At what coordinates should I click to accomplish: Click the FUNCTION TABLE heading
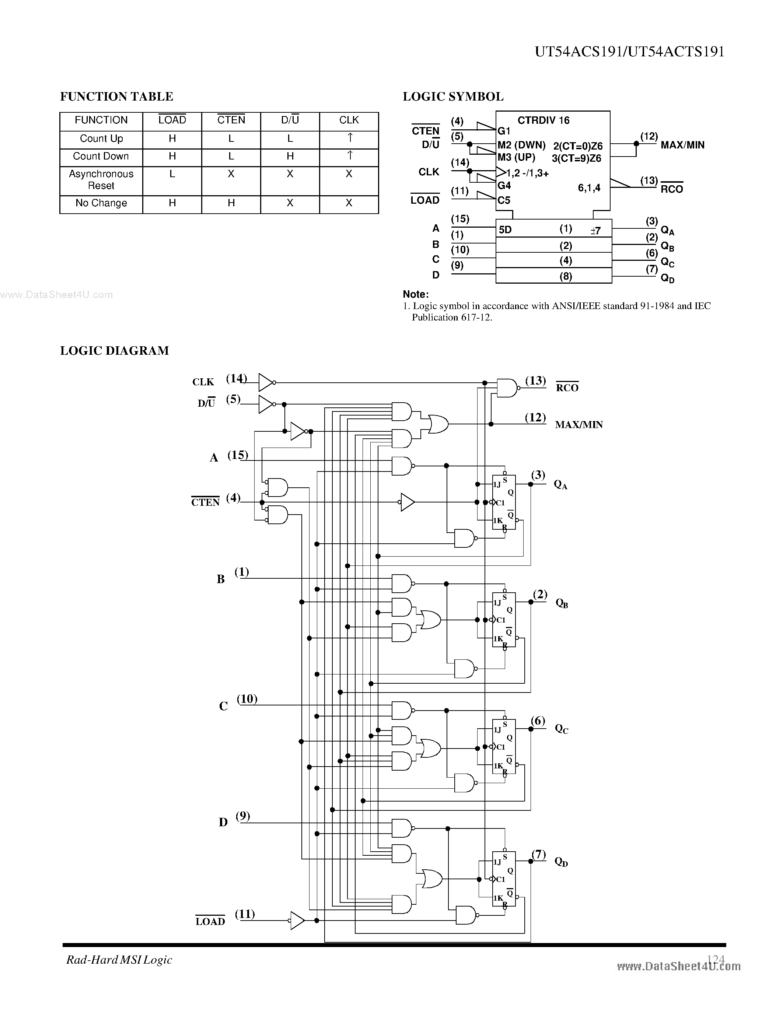(116, 97)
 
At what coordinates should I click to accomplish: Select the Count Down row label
(101, 156)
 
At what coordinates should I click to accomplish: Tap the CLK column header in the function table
(349, 120)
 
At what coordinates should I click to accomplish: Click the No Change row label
(101, 203)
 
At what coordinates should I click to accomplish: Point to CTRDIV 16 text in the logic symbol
(543, 120)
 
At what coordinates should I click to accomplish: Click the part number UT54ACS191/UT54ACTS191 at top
(629, 52)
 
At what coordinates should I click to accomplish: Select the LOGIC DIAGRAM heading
(115, 351)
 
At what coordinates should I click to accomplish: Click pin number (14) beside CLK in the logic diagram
(236, 378)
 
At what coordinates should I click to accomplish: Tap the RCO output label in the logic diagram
(567, 388)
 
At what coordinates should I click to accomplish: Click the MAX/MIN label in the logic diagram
(579, 424)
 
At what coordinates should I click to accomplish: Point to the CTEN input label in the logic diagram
(205, 502)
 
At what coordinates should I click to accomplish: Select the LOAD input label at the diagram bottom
(210, 922)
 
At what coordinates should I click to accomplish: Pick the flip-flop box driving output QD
(504, 879)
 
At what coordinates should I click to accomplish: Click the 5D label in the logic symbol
(505, 229)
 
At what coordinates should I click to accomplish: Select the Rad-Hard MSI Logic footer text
(119, 960)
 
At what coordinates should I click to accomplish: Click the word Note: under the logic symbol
(416, 294)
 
